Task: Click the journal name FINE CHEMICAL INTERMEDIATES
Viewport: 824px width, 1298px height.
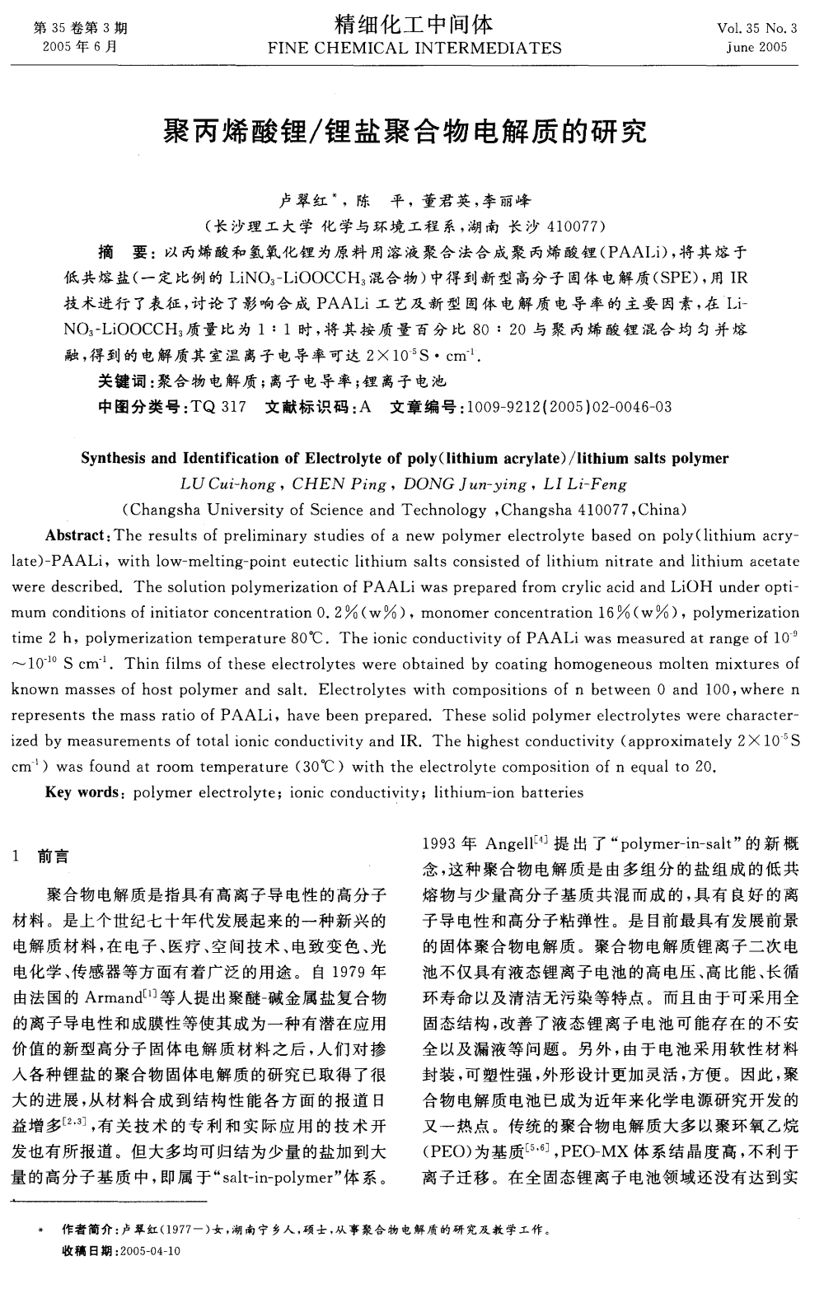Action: pos(414,47)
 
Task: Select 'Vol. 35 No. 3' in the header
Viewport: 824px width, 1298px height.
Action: pos(757,29)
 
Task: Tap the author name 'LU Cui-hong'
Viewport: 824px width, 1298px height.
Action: pos(230,484)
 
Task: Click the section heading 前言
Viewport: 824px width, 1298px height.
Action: pos(54,857)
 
